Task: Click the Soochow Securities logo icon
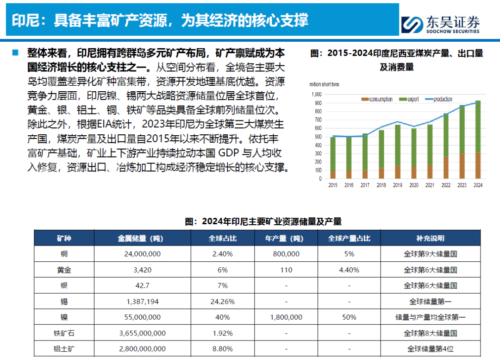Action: [x=412, y=25]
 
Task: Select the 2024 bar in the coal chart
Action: [x=478, y=139]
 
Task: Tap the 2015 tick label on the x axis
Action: [x=332, y=185]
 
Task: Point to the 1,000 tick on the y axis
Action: [x=317, y=95]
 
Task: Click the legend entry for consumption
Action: [x=376, y=99]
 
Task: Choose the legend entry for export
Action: [x=409, y=99]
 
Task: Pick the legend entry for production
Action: [x=439, y=99]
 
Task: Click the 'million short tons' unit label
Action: [x=324, y=84]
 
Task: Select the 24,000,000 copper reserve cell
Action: [x=142, y=254]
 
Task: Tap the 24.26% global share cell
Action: [x=223, y=302]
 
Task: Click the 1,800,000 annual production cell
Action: [x=286, y=317]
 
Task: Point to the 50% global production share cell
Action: [x=349, y=317]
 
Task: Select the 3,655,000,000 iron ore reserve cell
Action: [x=142, y=333]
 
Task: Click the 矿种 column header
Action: [x=64, y=239]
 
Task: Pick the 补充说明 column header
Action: [x=430, y=239]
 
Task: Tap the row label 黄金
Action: [x=64, y=270]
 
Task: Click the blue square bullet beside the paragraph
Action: [x=15, y=53]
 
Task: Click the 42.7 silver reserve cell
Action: [x=142, y=286]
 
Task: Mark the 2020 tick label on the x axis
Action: [x=413, y=185]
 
